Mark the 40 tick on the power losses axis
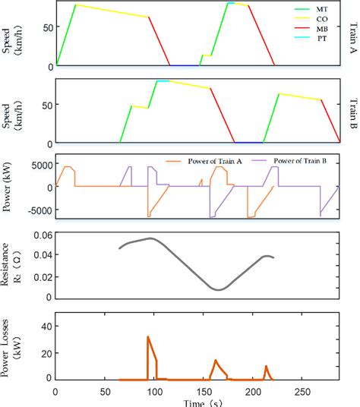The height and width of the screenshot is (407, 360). (x=43, y=325)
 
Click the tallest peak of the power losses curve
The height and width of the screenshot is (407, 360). (x=148, y=336)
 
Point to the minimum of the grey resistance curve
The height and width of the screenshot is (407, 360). (x=219, y=289)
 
